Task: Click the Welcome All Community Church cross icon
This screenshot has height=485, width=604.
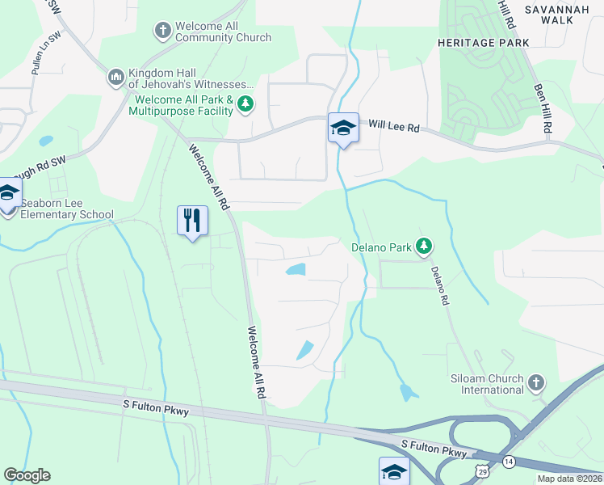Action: pos(162,31)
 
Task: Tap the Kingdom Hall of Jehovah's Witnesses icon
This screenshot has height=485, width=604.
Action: pos(115,78)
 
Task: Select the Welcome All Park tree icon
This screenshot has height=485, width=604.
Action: pos(246,103)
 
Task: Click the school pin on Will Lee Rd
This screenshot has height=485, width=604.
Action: pos(342,129)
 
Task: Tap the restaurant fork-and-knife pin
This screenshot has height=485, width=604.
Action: pos(192,220)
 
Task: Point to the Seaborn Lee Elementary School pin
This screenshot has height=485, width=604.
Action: pos(8,194)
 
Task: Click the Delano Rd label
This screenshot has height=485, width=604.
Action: pos(439,285)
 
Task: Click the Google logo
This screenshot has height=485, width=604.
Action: pos(27,475)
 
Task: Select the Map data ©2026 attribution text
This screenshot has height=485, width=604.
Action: pos(569,479)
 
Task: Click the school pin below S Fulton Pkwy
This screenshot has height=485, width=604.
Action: pos(393,470)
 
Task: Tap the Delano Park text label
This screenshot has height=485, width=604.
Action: pos(380,247)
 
